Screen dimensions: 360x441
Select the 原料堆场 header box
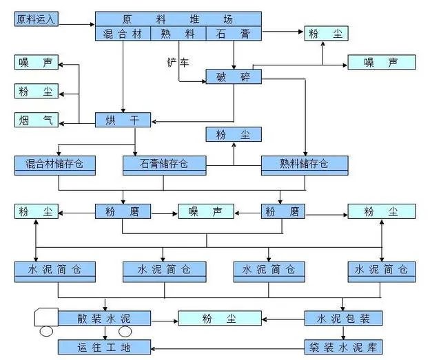[x=178, y=19]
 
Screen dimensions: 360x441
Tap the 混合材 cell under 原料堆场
[x=122, y=33]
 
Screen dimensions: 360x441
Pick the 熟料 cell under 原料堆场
[x=177, y=33]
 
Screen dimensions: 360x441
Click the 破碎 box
[x=234, y=76]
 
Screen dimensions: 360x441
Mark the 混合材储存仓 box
[x=54, y=164]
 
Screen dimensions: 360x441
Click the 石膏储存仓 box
[x=165, y=164]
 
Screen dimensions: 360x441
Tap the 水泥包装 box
[x=343, y=318]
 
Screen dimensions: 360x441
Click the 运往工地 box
[x=104, y=346]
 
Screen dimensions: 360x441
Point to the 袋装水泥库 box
[x=343, y=346]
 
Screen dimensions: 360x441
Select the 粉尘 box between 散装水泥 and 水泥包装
[x=220, y=318]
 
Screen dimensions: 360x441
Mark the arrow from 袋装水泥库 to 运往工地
[x=227, y=346]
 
